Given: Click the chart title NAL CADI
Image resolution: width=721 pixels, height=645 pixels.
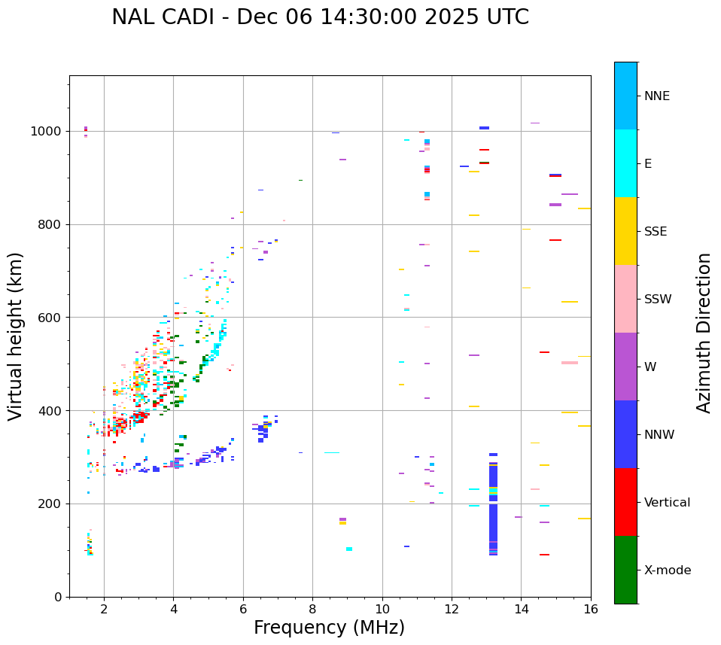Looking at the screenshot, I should (320, 17).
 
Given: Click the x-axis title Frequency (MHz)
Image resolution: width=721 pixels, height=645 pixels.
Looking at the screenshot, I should (329, 628).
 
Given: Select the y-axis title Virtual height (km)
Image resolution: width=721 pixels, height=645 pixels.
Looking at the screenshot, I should (16, 336).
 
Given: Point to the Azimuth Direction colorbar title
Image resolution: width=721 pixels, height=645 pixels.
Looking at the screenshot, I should (704, 332).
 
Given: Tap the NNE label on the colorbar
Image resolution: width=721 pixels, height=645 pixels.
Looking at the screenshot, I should (656, 96).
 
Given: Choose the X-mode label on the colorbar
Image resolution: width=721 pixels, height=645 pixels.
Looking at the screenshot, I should (667, 570).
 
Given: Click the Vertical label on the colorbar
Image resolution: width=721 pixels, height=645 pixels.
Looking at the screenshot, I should (667, 503).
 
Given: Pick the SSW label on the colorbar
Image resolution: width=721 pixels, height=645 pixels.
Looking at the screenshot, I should (658, 300).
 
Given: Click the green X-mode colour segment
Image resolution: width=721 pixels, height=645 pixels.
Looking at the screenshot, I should (625, 570).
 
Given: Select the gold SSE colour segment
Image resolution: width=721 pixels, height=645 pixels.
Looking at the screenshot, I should (625, 231).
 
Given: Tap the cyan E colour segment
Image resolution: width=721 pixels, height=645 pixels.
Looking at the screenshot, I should (625, 163).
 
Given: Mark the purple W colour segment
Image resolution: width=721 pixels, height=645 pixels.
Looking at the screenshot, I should (625, 367).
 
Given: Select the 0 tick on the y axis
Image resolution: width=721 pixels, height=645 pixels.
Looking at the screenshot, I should (58, 597).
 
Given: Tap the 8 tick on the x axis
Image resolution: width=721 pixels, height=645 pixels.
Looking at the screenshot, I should (312, 609).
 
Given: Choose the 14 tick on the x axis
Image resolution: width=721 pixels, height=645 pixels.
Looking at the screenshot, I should (522, 609).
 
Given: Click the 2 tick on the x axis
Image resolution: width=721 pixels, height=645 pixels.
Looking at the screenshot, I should (104, 609).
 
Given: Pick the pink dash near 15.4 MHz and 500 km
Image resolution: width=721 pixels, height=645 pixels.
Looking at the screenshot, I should (570, 363).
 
